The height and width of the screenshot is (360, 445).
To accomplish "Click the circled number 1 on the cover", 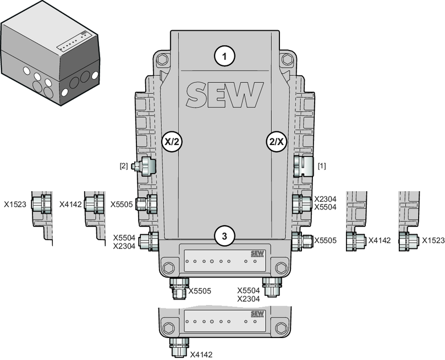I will [224, 55].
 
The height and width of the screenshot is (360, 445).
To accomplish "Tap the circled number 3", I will [224, 235].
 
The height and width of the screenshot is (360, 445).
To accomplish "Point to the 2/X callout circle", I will [276, 141].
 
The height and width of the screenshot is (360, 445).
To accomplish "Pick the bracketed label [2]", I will [124, 165].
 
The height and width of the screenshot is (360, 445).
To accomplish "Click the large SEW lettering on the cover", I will [224, 95].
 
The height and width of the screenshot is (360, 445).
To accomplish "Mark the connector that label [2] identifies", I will [146, 165].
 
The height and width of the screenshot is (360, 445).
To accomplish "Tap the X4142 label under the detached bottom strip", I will [201, 355].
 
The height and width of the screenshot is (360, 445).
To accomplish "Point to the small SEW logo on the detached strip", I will [257, 315].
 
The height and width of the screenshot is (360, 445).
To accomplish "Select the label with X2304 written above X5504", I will [325, 204].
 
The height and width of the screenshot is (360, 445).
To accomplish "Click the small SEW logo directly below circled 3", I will [257, 253].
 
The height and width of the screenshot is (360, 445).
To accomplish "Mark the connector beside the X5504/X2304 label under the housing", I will [271, 285].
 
